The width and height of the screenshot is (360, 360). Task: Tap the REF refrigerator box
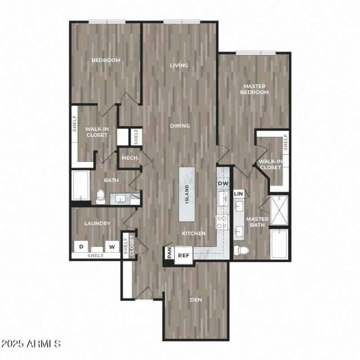[x=183, y=255]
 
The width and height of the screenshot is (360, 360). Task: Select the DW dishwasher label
[x=223, y=184]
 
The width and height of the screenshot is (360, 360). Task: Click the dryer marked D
[x=81, y=246]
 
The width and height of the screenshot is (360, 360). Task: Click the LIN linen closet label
[x=238, y=193]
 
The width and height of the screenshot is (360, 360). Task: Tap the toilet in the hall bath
[x=101, y=196]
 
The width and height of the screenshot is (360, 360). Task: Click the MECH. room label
[x=130, y=158]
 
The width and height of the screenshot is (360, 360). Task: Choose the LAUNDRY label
[x=97, y=223]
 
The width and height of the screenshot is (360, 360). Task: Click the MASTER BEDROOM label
[x=254, y=89]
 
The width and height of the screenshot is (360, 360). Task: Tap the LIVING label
[x=179, y=66]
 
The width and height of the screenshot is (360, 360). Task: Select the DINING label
[x=180, y=126]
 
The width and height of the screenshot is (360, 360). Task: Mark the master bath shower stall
[x=279, y=211]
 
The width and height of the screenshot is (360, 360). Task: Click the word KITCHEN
[x=193, y=234]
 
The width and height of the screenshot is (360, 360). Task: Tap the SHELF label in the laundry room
[x=95, y=256]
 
